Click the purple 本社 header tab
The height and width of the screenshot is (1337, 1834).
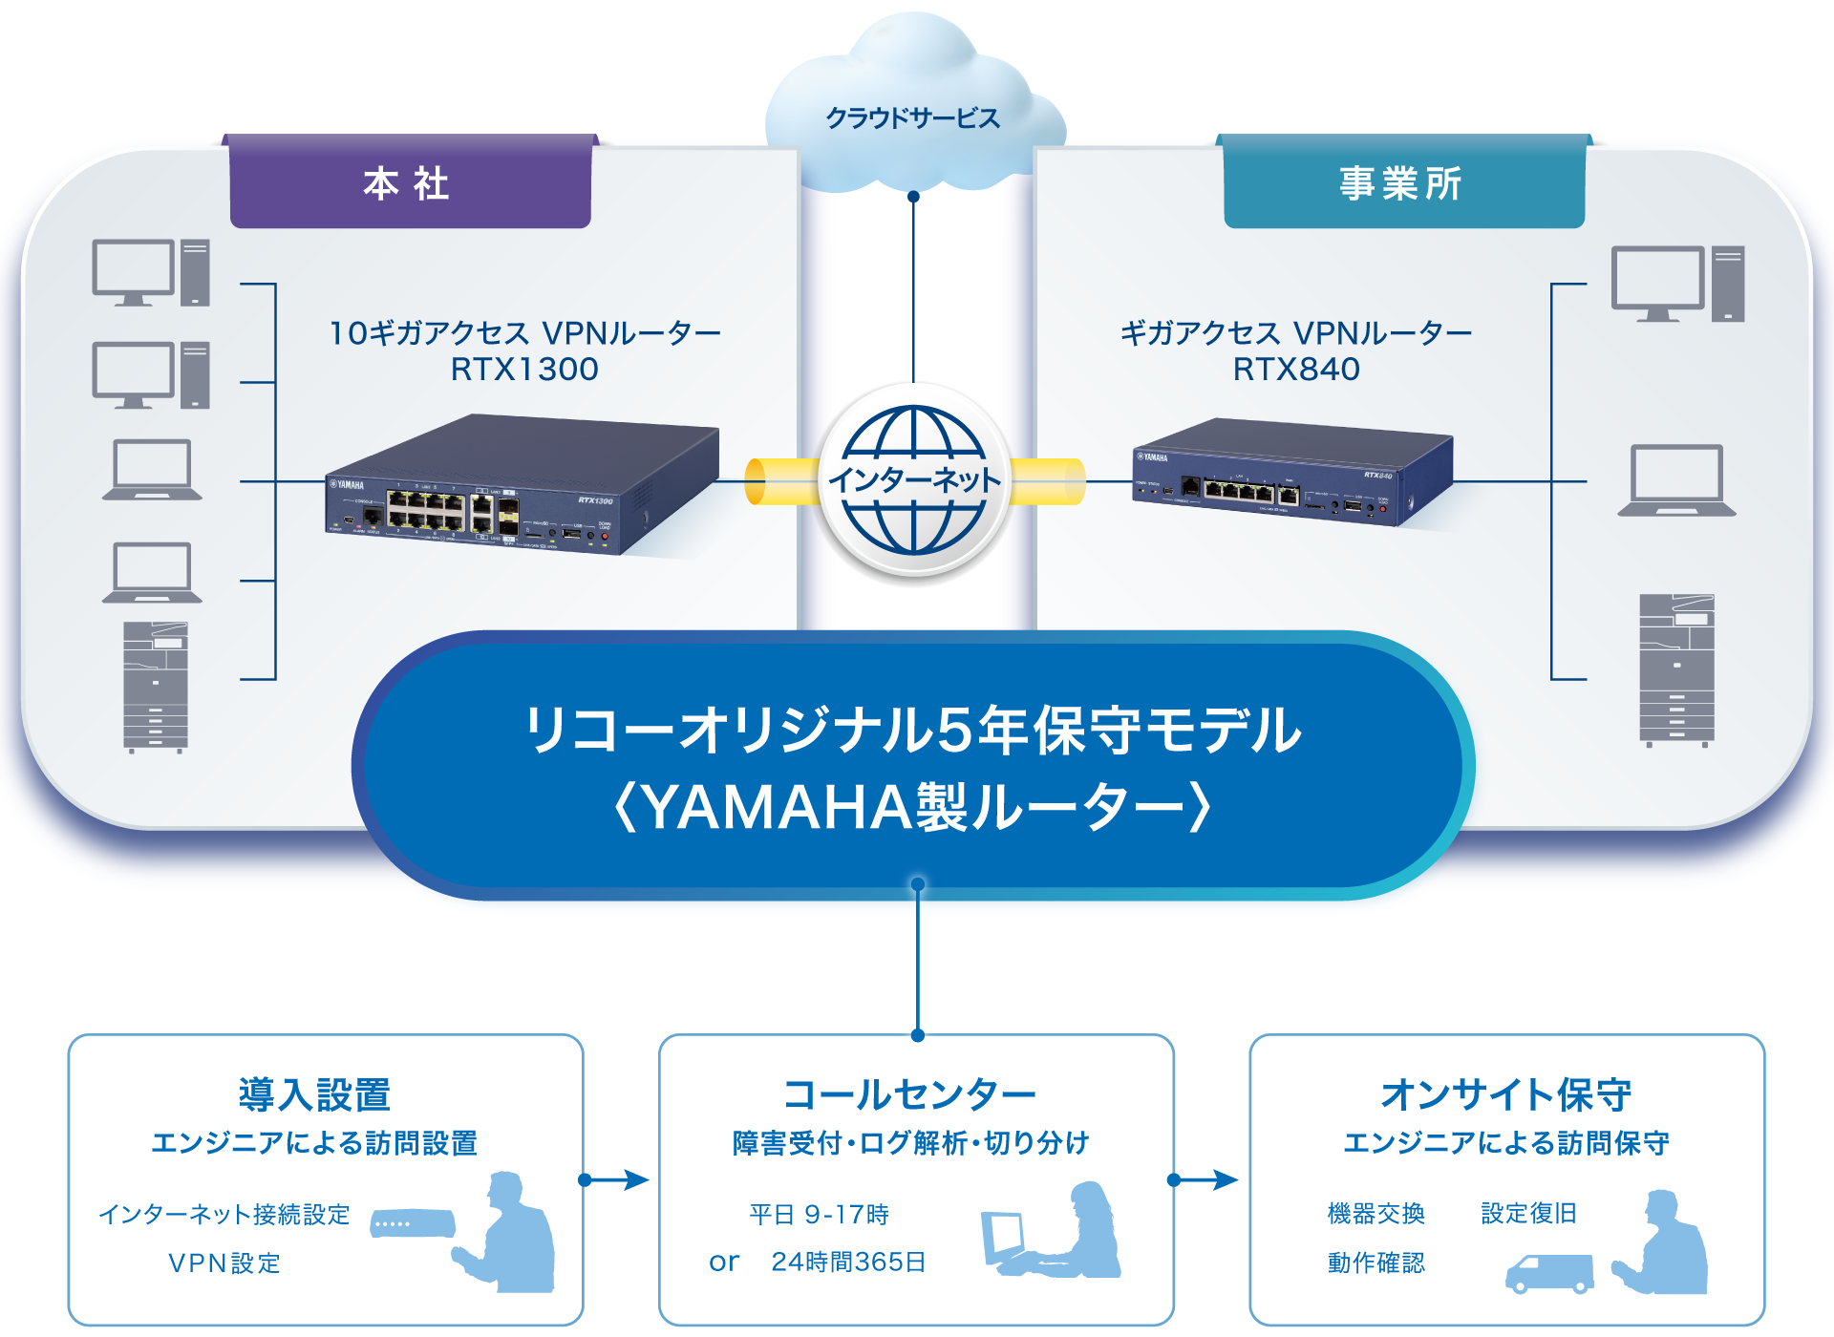point(410,182)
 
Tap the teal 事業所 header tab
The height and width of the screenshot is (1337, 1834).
point(1403,182)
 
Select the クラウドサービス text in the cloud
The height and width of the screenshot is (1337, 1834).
point(912,118)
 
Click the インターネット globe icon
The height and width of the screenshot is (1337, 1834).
point(914,480)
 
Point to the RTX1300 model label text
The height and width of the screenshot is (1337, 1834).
point(524,369)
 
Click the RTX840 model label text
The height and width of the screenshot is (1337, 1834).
point(1296,369)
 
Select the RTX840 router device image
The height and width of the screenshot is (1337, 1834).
point(1291,473)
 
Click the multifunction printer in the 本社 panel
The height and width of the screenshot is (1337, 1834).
point(156,687)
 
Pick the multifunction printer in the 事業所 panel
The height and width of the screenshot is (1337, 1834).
point(1676,668)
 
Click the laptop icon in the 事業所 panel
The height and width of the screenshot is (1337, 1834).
point(1676,480)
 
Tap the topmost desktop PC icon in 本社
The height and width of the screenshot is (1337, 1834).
point(151,273)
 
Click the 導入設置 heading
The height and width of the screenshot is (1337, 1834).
point(314,1094)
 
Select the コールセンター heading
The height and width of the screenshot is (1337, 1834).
point(910,1094)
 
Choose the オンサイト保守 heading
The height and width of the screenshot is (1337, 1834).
point(1506,1094)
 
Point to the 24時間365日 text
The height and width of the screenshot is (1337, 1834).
point(848,1262)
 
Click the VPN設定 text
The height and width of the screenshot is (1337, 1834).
point(224,1263)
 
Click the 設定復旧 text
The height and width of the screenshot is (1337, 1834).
point(1528,1213)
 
